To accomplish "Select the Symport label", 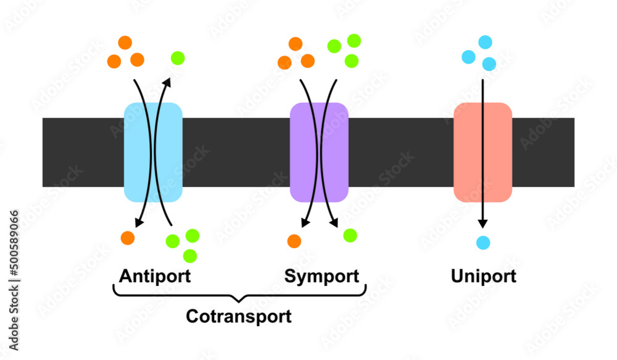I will [321, 275].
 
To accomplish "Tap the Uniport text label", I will [483, 275].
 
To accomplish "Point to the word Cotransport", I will [239, 317].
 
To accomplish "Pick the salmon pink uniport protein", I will [482, 153].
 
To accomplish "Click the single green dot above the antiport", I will [178, 58].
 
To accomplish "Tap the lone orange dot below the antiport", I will [128, 238].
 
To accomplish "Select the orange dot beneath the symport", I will [294, 240].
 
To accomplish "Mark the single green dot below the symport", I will [350, 235].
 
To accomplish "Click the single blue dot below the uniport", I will [483, 243].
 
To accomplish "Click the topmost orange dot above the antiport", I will [125, 43].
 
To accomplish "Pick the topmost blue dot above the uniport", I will [486, 42].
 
